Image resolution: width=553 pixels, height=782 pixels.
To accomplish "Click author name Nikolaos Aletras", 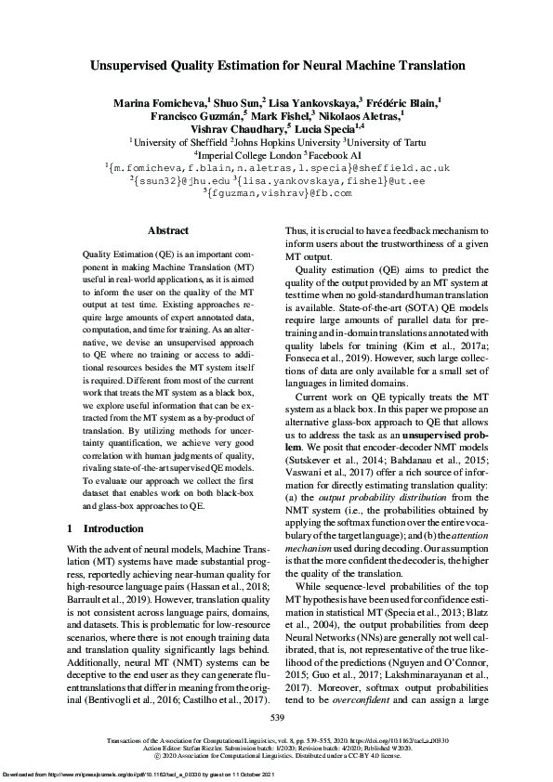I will click(x=362, y=116).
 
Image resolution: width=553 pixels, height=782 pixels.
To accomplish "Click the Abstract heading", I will click(x=168, y=230).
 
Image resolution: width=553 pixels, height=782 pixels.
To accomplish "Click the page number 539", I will click(x=276, y=718).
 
